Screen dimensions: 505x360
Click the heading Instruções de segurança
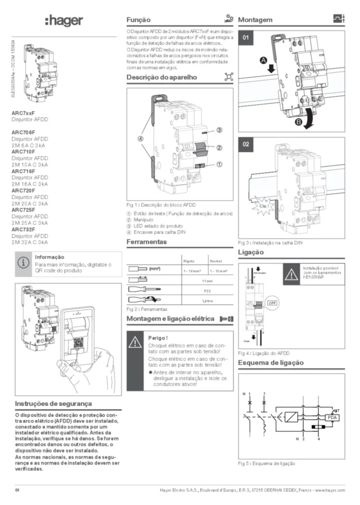click(x=53, y=404)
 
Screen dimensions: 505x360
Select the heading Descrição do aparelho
click(x=162, y=77)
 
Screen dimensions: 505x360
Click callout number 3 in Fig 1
click(x=218, y=130)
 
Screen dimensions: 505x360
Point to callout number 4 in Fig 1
click(x=141, y=139)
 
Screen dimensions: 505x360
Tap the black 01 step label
click(x=247, y=38)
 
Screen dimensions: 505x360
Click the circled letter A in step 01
click(x=264, y=60)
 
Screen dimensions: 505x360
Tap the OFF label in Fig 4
click(x=272, y=302)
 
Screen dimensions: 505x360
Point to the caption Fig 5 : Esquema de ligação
click(x=267, y=464)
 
